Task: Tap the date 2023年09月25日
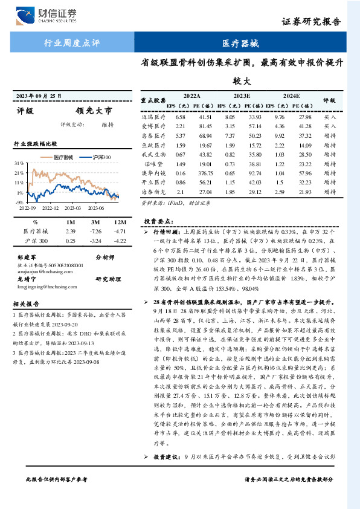point(39,96)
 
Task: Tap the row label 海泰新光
point(153,192)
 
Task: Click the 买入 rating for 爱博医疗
point(330,126)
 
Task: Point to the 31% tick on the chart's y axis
point(20,164)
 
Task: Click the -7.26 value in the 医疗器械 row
point(94,232)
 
